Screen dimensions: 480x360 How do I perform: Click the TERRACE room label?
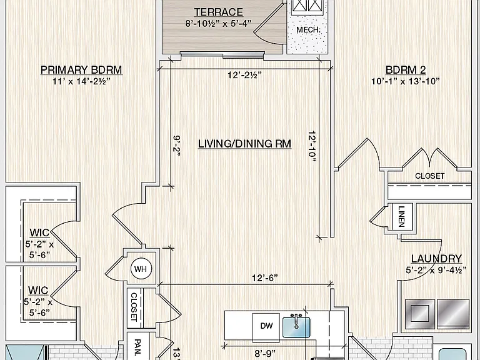click(219, 12)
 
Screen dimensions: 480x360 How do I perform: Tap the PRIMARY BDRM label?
click(81, 70)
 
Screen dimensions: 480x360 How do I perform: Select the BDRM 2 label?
click(406, 70)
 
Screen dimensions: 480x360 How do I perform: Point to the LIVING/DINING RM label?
click(244, 144)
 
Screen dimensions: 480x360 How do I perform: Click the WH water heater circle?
click(141, 269)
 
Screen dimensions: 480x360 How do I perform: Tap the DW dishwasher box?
click(266, 327)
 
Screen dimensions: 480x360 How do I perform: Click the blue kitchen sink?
click(296, 327)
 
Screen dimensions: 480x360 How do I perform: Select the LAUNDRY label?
click(436, 259)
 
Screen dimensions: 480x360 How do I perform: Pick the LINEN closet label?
click(402, 216)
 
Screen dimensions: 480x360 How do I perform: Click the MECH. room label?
click(308, 30)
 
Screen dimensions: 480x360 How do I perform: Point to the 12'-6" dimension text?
click(265, 278)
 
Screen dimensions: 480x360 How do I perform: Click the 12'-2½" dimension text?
click(244, 75)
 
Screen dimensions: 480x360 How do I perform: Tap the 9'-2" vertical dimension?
click(177, 146)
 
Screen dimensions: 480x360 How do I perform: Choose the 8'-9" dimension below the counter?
click(265, 354)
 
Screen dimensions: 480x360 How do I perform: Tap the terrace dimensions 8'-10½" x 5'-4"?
click(219, 24)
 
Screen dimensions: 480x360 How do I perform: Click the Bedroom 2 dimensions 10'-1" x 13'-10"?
click(406, 81)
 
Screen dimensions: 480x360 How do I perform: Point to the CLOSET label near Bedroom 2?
click(430, 176)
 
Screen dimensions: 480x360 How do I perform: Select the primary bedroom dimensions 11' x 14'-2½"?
click(81, 81)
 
